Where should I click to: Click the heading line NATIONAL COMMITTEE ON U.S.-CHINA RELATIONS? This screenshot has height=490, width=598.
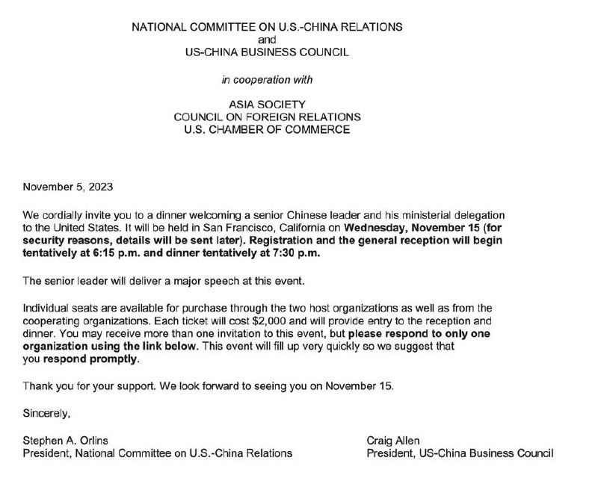coord(267,27)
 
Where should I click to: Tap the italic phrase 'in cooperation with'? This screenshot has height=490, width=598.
coord(267,78)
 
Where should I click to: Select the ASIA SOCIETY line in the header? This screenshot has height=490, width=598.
coord(267,105)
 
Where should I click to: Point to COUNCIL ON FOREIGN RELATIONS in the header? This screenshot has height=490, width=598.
coord(267,117)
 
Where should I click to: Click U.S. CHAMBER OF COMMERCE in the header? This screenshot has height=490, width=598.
coord(267,130)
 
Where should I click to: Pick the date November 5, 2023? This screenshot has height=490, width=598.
coord(68,187)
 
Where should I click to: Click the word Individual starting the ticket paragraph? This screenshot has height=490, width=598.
coord(46,308)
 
